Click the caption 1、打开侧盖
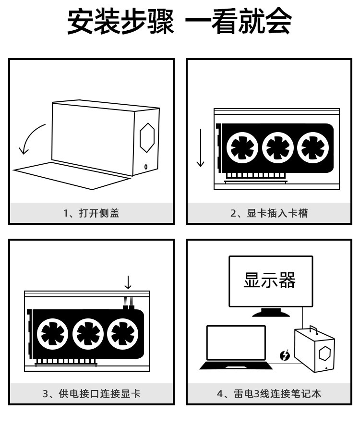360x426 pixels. coord(91,213)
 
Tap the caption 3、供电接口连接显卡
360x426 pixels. coord(91,394)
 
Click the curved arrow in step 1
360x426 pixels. coord(30,139)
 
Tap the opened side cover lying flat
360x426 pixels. coord(72,172)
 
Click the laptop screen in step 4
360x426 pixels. coord(236,343)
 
